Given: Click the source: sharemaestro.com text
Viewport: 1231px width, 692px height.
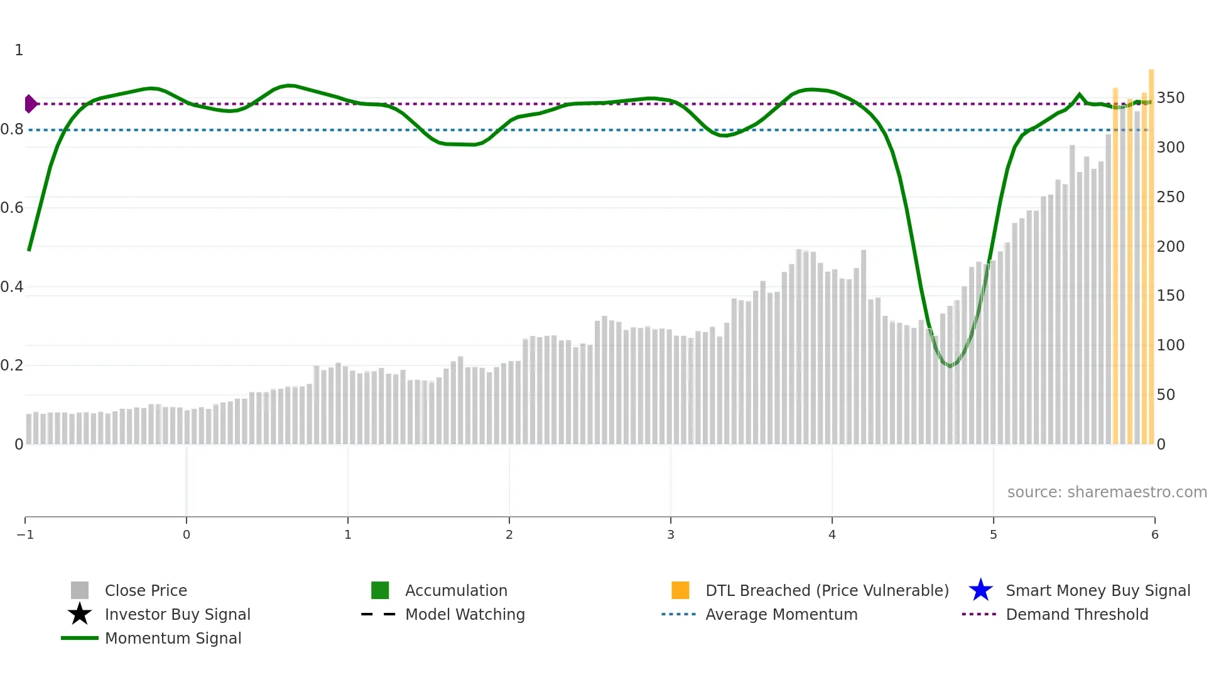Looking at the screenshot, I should click(x=1107, y=492).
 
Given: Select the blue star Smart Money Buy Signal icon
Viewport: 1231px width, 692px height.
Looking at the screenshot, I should click(x=980, y=590).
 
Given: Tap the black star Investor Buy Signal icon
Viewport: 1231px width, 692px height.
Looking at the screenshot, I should click(x=80, y=614).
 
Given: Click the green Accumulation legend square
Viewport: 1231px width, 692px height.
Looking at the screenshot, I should click(x=380, y=590).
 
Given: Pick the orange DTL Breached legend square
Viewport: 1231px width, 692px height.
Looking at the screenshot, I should click(x=680, y=590).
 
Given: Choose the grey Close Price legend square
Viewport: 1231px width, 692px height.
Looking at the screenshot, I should click(x=80, y=590).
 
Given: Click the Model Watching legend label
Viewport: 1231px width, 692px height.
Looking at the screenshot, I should click(x=465, y=614).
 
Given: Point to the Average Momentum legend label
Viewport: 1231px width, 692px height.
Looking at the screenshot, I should click(x=781, y=614).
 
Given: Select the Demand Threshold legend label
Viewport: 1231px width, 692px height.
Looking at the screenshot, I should click(x=1076, y=614).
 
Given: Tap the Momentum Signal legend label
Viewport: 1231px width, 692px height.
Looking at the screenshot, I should click(x=173, y=638).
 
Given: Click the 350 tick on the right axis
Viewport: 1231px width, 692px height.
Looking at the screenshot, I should click(x=1170, y=98).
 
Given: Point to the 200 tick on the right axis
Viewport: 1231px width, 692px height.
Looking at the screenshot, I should click(x=1170, y=246).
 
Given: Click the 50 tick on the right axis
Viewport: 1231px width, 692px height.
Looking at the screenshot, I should click(x=1166, y=394).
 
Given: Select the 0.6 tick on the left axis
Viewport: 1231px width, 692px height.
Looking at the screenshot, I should click(x=12, y=208).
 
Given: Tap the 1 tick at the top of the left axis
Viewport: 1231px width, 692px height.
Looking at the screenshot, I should click(x=19, y=50).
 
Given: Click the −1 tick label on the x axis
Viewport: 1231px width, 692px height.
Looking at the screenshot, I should click(x=25, y=534).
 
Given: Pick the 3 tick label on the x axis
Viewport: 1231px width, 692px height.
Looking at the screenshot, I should click(x=671, y=534).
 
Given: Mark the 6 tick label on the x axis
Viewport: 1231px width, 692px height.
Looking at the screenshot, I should click(x=1154, y=534).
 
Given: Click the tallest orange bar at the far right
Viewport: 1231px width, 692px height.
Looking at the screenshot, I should click(x=1151, y=251).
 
